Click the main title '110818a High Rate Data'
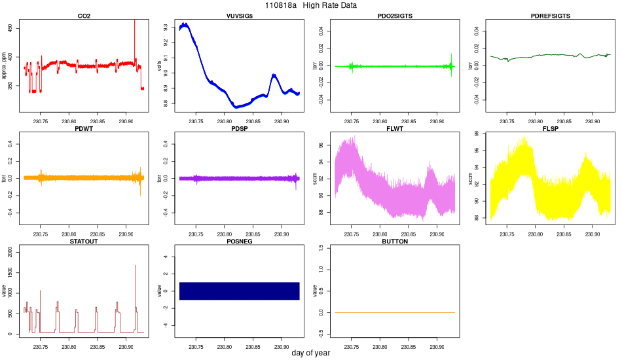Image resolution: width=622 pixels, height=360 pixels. (x=311, y=5)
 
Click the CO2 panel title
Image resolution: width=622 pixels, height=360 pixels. (x=84, y=16)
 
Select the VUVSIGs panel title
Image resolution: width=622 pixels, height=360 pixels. (x=239, y=16)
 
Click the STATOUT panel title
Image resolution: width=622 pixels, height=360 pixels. (x=84, y=242)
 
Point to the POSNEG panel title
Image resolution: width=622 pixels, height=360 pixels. (x=239, y=242)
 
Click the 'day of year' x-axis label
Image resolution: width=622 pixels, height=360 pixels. (x=311, y=353)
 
